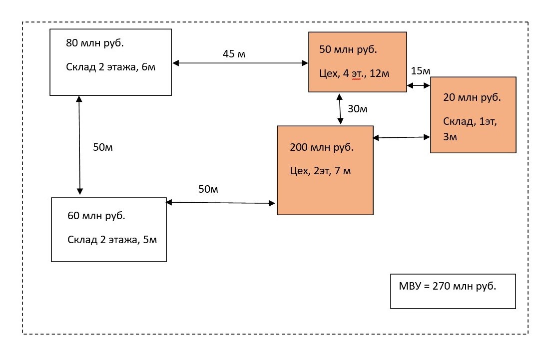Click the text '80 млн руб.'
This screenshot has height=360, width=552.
tap(95, 43)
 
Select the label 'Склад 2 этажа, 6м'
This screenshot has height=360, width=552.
tap(111, 67)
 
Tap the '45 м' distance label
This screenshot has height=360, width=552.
tap(234, 53)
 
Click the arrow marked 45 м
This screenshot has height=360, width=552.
tap(240, 63)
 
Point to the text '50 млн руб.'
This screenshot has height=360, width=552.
tap(348, 50)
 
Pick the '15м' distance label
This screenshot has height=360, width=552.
tap(420, 71)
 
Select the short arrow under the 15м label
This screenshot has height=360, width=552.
tap(419, 86)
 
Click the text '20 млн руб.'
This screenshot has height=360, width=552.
tap(472, 98)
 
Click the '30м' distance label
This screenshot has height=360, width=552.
tap(357, 109)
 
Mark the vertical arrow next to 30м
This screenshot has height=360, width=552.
tap(340, 108)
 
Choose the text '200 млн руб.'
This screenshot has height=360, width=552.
tap(322, 148)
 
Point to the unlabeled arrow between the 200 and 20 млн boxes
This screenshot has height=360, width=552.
tap(402, 137)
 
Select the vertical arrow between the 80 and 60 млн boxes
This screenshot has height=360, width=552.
tap(79, 145)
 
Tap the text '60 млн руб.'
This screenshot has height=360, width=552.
tap(96, 216)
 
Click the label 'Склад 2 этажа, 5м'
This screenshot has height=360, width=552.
tap(112, 240)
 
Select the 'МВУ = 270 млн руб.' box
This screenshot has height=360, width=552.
tap(453, 291)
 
